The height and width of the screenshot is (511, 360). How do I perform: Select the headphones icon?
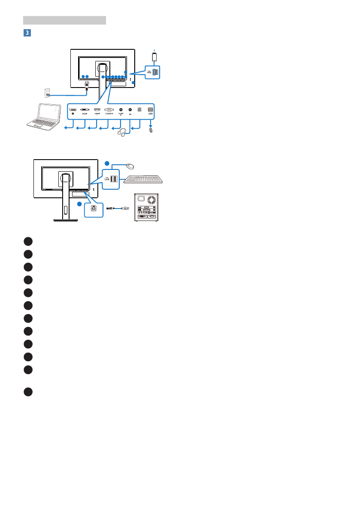(x=124, y=133)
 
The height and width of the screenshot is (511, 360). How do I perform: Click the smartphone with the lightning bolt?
(x=154, y=57)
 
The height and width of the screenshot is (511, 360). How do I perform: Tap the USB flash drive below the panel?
(x=151, y=130)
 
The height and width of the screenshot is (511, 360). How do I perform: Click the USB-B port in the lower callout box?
(x=93, y=208)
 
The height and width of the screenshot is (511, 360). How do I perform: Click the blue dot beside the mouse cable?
(x=107, y=163)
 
